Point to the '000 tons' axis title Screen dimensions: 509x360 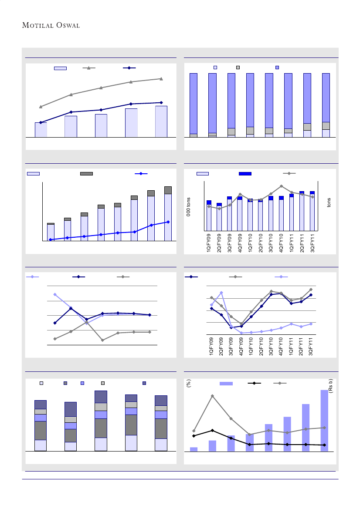tap(189, 208)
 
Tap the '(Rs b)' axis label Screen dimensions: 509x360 tap(331, 386)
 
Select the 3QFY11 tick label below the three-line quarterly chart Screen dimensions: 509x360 tap(311, 347)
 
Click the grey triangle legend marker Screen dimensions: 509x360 tap(88, 68)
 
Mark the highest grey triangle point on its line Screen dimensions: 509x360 tap(161, 79)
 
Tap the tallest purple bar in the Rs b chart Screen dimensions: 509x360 tap(324, 421)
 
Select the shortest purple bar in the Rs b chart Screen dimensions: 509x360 tap(194, 449)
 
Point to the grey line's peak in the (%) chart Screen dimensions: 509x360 tap(212, 396)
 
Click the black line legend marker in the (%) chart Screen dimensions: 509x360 tap(254, 383)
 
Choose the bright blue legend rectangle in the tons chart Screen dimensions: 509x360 tap(245, 174)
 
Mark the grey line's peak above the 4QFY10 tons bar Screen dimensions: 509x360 tap(282, 186)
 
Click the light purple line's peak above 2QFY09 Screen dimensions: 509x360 tap(221, 293)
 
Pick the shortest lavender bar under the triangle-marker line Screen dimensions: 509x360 tap(41, 130)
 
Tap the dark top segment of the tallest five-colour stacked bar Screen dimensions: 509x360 tap(101, 397)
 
